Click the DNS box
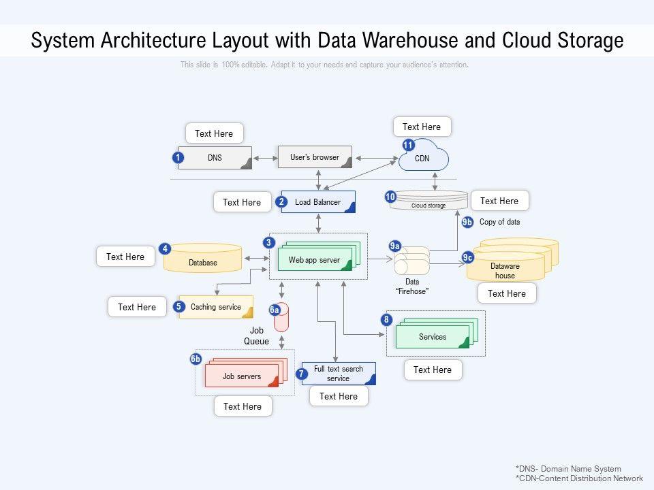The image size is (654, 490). pos(215,158)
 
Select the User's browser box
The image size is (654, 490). pos(315,157)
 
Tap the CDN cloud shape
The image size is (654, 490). pos(424,158)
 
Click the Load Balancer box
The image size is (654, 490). pos(318,202)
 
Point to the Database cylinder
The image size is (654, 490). pos(203,259)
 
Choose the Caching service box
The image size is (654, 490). pos(216,307)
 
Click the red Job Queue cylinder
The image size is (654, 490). pos(281,318)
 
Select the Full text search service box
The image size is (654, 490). pos(339,374)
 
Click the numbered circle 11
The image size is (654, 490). pos(408,145)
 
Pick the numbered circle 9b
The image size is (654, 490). pos(467,222)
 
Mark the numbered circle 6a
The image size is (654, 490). pos(275,310)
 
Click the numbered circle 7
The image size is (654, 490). pos(302,374)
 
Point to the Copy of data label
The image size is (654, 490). pos(499,222)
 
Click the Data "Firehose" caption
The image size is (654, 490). pos(412,287)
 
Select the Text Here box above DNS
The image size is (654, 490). pos(214,133)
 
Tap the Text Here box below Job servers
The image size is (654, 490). pos(243,406)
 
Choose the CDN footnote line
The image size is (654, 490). pos(579,478)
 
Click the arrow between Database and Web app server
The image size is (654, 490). pos(256,258)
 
